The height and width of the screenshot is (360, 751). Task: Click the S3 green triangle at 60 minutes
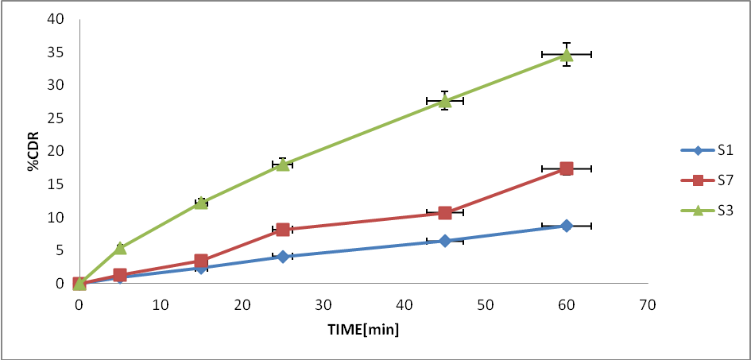(567, 54)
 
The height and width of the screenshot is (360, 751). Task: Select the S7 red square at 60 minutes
(567, 168)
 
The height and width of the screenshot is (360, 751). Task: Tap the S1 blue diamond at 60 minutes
(567, 226)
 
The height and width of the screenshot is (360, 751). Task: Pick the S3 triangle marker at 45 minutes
(444, 101)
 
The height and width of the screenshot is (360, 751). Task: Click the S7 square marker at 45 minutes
(444, 213)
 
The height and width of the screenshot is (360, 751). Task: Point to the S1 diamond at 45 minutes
(444, 241)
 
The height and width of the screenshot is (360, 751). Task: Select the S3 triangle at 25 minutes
(282, 165)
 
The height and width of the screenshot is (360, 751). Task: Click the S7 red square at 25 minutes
(282, 230)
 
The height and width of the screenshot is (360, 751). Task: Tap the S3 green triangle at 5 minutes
(120, 248)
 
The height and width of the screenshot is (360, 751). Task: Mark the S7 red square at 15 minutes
(201, 261)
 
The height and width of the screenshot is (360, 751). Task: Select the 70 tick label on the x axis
(648, 304)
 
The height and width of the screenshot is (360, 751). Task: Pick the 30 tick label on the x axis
(323, 304)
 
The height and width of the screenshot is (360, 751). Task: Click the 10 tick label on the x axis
(161, 304)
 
